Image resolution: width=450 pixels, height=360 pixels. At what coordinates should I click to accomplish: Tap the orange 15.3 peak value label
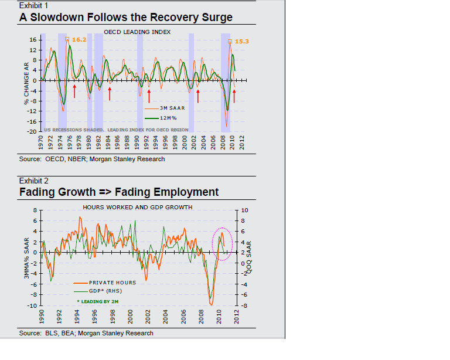(242, 42)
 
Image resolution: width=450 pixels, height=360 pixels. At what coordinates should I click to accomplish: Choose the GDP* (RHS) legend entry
(108, 291)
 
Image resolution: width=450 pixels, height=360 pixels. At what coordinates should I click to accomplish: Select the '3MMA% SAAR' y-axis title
(26, 257)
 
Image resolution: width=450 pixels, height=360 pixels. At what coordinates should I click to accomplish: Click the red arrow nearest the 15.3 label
(234, 94)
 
